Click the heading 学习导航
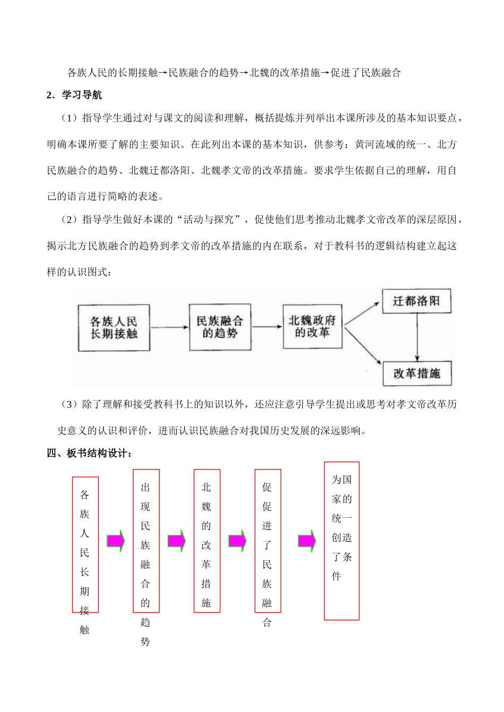82,95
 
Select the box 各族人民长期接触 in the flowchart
114,328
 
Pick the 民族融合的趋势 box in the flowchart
220,327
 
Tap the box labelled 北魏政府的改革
312,326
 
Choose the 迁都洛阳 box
416,301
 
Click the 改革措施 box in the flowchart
416,374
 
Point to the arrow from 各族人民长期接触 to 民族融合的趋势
169,327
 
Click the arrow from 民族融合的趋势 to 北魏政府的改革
267,326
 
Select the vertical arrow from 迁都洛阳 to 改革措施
418,337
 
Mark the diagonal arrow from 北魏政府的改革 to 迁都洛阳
362,313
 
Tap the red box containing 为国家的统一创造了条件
342,541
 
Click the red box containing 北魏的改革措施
206,541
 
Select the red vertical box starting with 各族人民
85,544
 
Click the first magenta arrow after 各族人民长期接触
116,541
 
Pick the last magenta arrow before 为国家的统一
307,541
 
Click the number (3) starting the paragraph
69,404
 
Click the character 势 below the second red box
145,641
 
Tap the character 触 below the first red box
85,630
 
